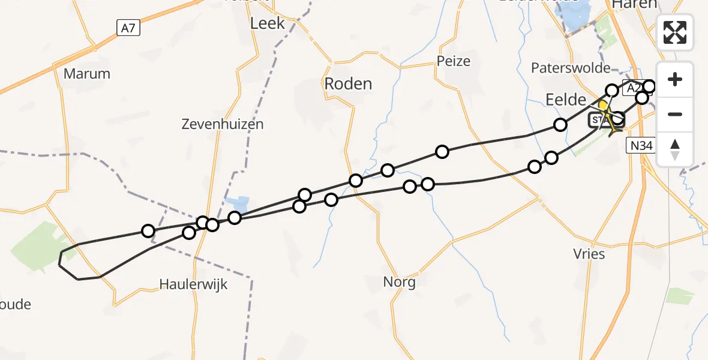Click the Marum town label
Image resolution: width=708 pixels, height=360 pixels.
[87, 74]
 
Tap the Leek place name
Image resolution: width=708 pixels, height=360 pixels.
[268, 23]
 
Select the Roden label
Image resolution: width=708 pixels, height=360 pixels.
[348, 83]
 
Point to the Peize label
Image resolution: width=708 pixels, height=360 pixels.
[454, 61]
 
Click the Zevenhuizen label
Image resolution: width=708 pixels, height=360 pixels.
[223, 124]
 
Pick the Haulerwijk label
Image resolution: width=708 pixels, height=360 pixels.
[194, 284]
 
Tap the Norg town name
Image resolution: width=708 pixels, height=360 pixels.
[399, 281]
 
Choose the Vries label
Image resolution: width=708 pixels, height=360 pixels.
[589, 254]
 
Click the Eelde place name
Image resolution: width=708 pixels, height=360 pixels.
[565, 100]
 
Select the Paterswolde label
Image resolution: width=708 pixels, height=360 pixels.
[570, 68]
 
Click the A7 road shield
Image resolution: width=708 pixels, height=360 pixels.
[128, 27]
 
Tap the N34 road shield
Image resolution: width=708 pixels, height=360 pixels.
[641, 145]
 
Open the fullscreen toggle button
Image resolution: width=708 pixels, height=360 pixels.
[675, 32]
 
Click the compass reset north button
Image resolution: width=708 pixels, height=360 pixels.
[675, 149]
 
